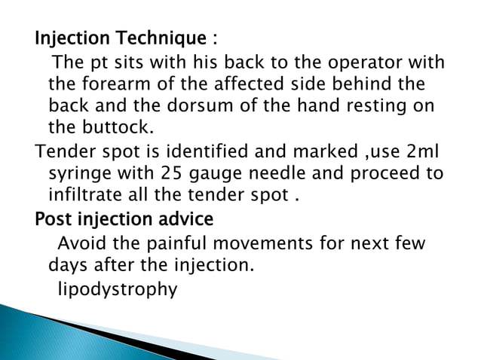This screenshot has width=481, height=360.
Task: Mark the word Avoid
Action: pyautogui.click(x=80, y=244)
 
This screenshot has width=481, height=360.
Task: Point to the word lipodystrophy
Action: pyautogui.click(x=118, y=289)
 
